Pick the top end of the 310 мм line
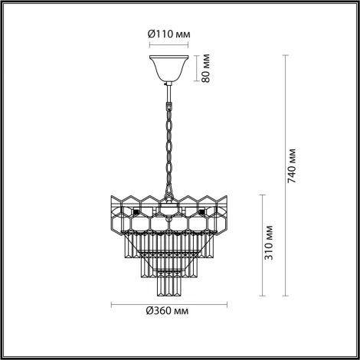click(x=264, y=193)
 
